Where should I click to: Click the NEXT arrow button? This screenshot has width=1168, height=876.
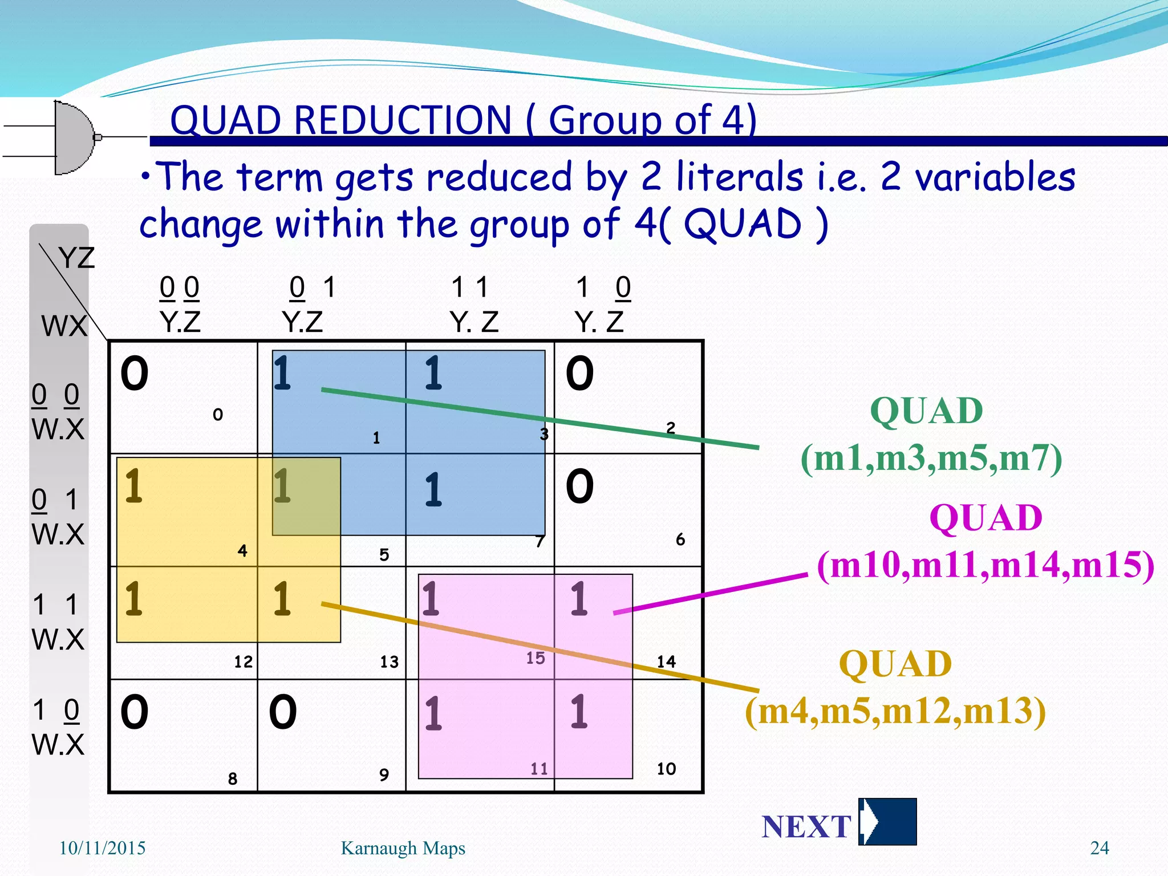pos(887,822)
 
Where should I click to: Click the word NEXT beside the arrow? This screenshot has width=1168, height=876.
pos(806,826)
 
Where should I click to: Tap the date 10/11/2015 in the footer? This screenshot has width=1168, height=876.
pos(103,848)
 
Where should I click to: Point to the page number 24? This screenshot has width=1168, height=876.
pos(1099,848)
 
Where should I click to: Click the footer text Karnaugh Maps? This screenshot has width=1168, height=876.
pos(403,848)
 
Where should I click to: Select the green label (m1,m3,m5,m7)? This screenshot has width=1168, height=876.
pos(931,458)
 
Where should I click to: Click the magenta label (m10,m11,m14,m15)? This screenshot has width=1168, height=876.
pos(985,565)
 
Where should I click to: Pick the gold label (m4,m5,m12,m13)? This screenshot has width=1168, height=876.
pos(895,711)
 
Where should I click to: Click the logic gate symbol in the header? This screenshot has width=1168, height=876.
pos(74,137)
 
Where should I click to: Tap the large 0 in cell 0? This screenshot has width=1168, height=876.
pos(135,374)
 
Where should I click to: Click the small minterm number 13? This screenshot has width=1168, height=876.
pos(390,662)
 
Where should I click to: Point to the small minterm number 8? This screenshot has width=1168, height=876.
pos(233,778)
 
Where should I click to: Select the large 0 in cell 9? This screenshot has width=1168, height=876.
pos(283,712)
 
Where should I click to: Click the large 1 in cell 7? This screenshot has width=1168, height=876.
pos(433,489)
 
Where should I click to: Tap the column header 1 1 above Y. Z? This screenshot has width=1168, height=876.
pos(470,287)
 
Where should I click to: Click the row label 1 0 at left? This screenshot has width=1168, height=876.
pos(56,710)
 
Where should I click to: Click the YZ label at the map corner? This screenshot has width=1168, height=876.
pos(76,258)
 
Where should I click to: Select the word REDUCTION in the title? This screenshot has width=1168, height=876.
pos(403,120)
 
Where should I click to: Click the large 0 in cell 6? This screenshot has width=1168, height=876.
pos(579,486)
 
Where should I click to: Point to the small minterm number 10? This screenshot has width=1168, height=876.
pos(666,769)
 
